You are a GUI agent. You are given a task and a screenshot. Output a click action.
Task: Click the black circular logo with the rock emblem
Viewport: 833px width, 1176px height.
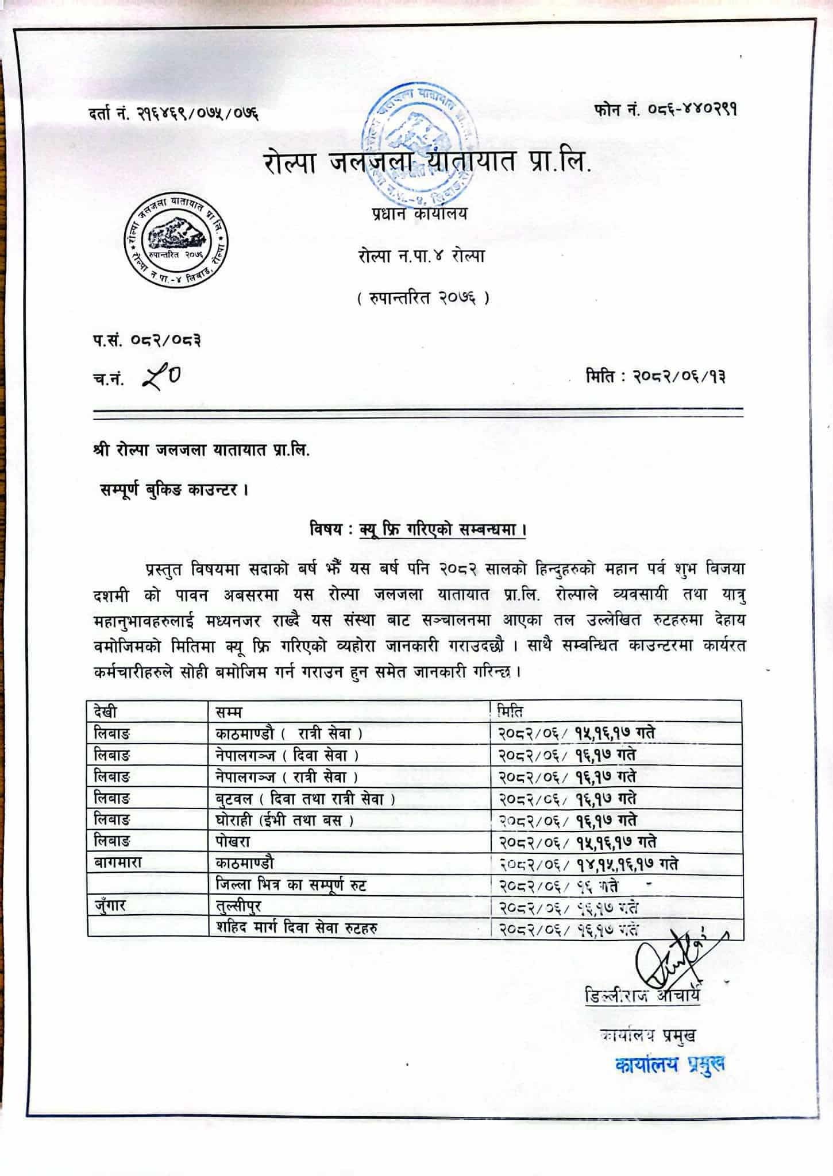point(176,238)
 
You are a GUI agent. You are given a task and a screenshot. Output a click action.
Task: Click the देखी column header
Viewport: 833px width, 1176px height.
point(106,712)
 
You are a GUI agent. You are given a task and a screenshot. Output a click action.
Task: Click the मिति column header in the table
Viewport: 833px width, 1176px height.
point(510,711)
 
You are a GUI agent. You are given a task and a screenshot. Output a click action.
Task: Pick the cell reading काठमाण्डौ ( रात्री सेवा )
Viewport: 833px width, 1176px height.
point(286,733)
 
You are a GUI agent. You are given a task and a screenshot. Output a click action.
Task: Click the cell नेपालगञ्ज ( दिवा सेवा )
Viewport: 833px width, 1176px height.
point(284,755)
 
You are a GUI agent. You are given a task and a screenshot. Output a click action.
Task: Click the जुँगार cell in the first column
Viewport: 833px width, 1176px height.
point(110,907)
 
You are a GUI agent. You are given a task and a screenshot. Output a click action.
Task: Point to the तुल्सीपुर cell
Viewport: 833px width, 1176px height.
point(235,907)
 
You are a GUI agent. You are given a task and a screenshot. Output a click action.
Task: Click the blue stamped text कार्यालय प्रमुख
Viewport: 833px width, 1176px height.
point(669,1065)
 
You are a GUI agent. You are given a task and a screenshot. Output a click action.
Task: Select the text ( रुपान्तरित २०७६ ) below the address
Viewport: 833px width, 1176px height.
point(422,299)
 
